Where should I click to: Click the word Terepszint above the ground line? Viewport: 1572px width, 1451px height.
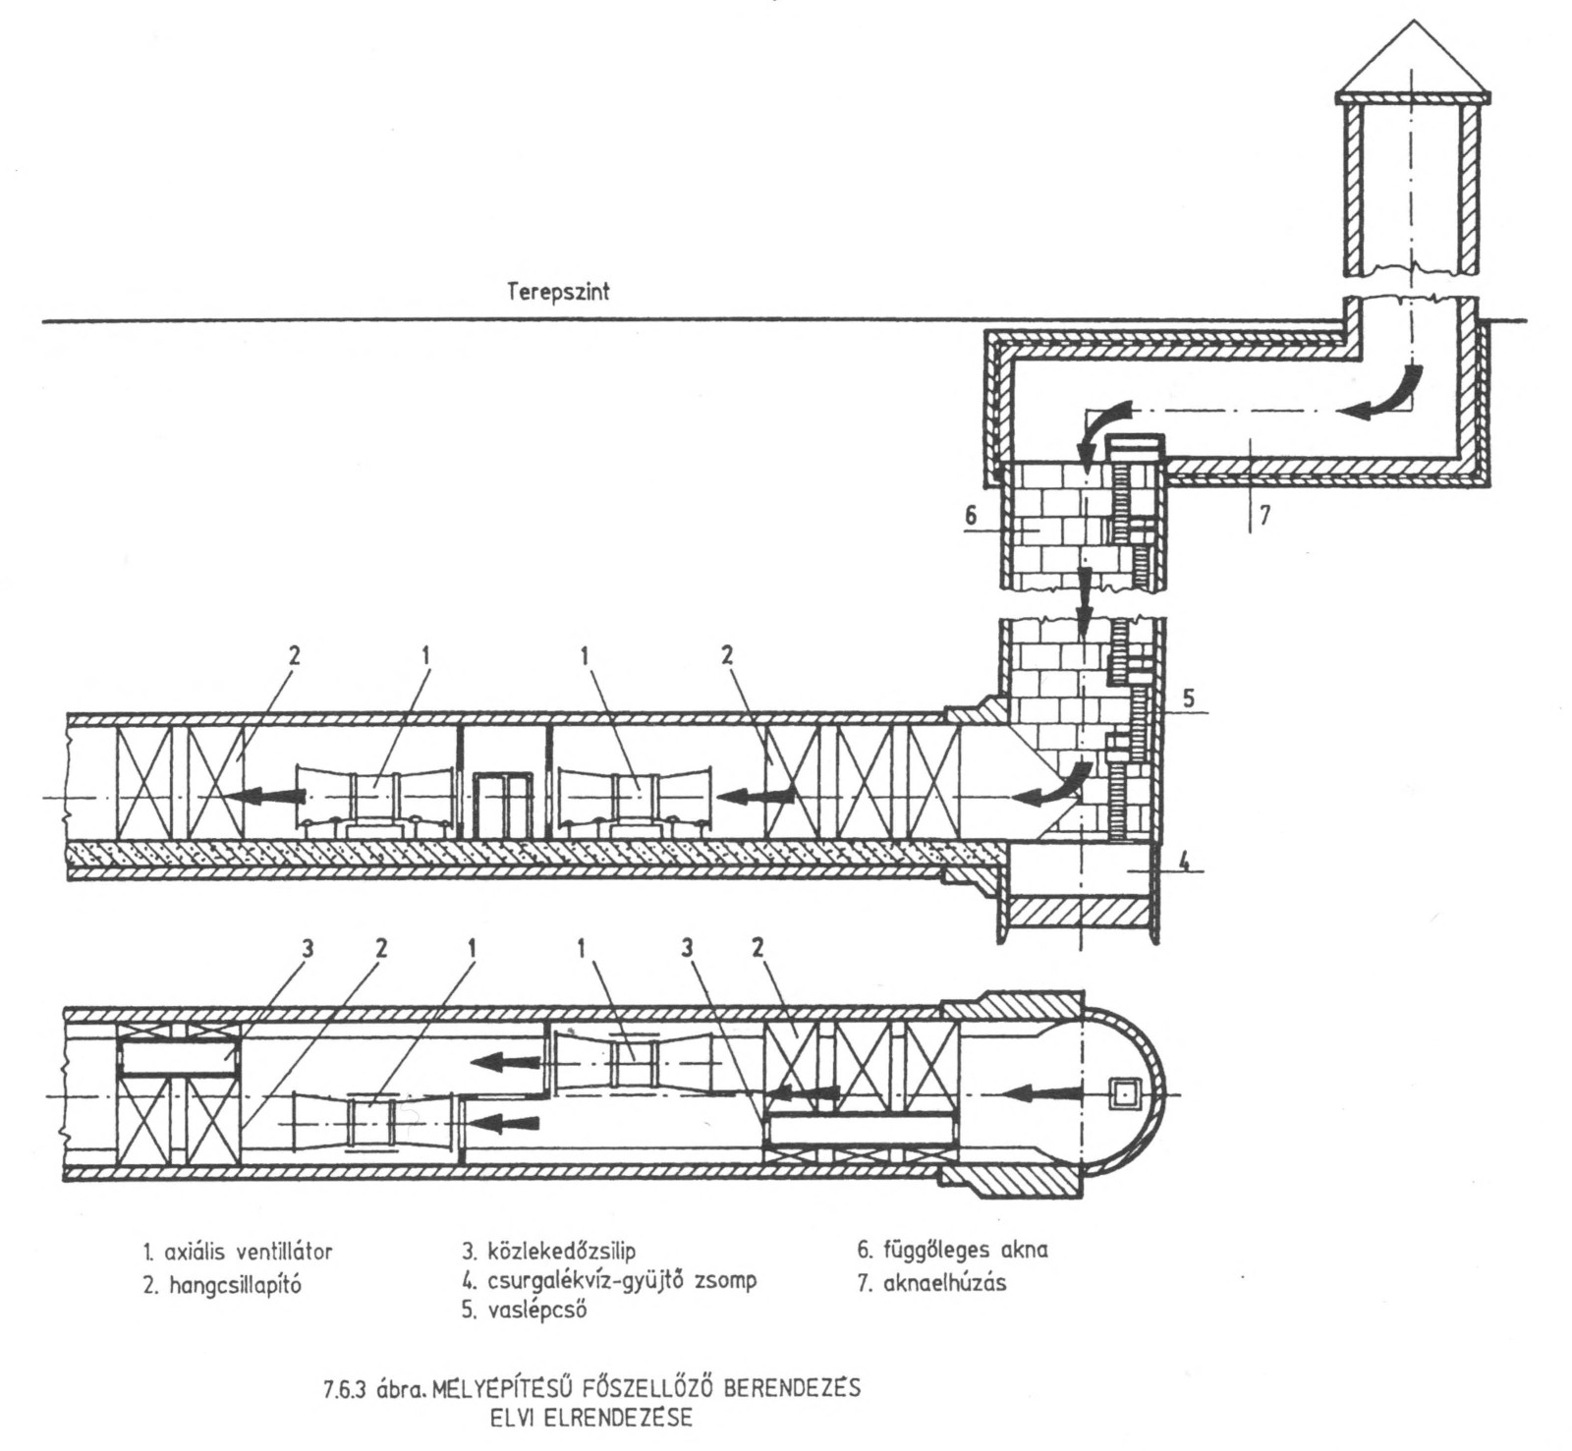[x=558, y=292]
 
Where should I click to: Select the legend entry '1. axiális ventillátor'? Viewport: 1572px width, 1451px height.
[x=237, y=1252]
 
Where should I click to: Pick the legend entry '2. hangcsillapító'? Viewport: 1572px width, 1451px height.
[x=221, y=1284]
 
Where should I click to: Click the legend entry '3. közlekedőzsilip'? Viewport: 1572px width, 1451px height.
[x=549, y=1251]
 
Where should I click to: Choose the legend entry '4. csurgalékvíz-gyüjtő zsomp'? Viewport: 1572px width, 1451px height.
[x=609, y=1281]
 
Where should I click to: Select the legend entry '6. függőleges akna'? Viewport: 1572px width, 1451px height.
[x=952, y=1250]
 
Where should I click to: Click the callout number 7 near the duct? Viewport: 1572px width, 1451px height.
[x=1264, y=515]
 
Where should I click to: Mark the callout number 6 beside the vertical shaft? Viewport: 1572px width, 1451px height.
[x=971, y=512]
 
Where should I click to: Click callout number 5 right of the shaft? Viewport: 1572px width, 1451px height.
[x=1187, y=699]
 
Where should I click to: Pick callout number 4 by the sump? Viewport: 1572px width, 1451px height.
[x=1184, y=864]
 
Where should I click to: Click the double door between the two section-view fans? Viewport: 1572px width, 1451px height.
[x=502, y=804]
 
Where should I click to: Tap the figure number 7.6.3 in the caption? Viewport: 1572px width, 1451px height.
[x=347, y=1391]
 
